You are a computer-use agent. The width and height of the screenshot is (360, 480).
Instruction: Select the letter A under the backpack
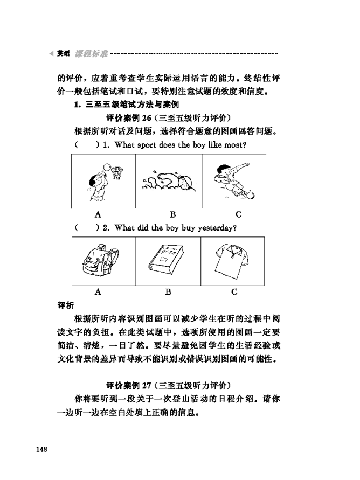(98, 292)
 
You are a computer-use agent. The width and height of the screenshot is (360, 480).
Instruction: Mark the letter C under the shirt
(234, 292)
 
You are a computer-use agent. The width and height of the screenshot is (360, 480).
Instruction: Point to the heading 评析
(66, 305)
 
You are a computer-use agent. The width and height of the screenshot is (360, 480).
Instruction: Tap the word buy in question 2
(186, 228)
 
